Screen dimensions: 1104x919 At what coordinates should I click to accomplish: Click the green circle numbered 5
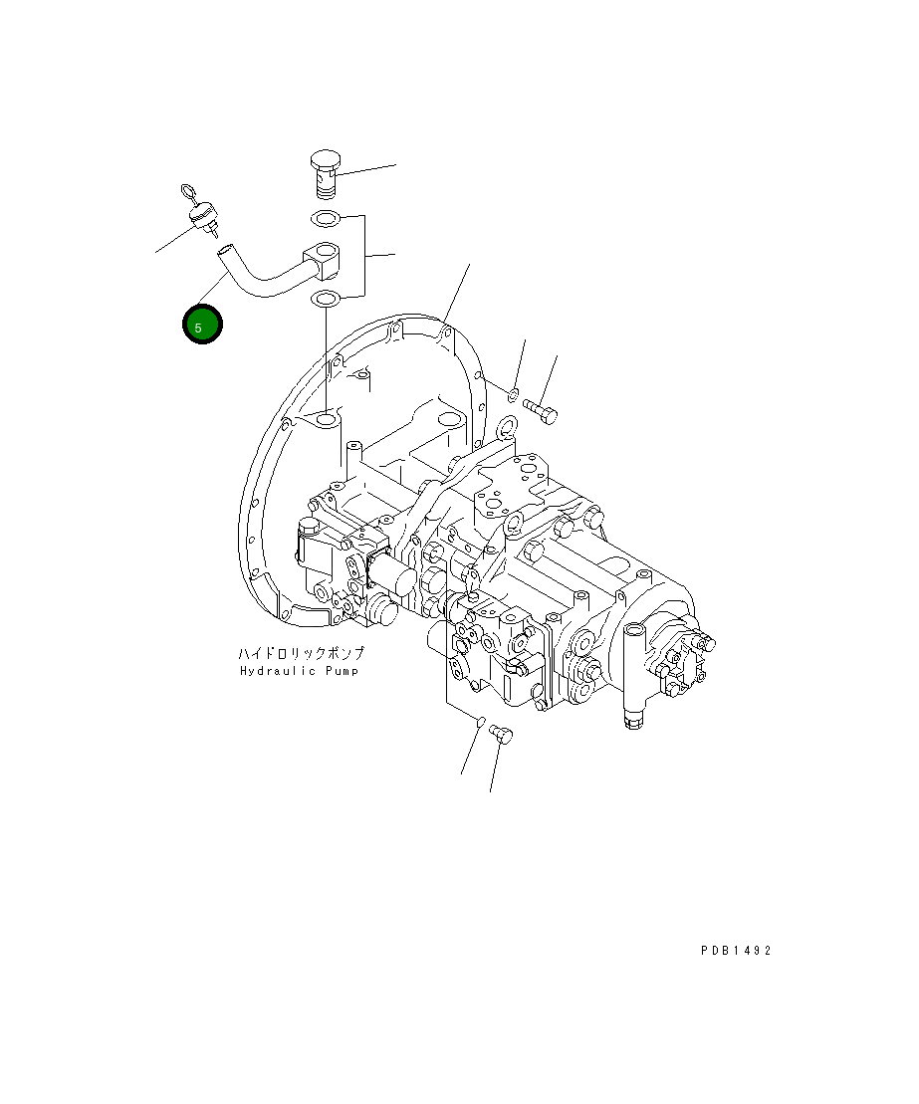pos(201,326)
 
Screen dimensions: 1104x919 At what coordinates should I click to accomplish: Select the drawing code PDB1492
pos(735,951)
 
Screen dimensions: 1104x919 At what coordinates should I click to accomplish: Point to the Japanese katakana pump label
pos(301,654)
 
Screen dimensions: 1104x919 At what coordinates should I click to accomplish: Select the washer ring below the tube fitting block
pos(326,298)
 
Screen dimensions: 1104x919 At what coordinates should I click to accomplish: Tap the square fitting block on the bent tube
pos(325,258)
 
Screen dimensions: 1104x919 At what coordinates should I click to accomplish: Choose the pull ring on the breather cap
pos(189,191)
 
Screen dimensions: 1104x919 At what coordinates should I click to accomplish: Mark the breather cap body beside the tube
pos(204,216)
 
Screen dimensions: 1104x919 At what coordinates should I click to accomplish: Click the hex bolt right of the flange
pos(540,408)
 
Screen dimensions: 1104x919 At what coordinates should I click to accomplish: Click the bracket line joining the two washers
pos(363,256)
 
